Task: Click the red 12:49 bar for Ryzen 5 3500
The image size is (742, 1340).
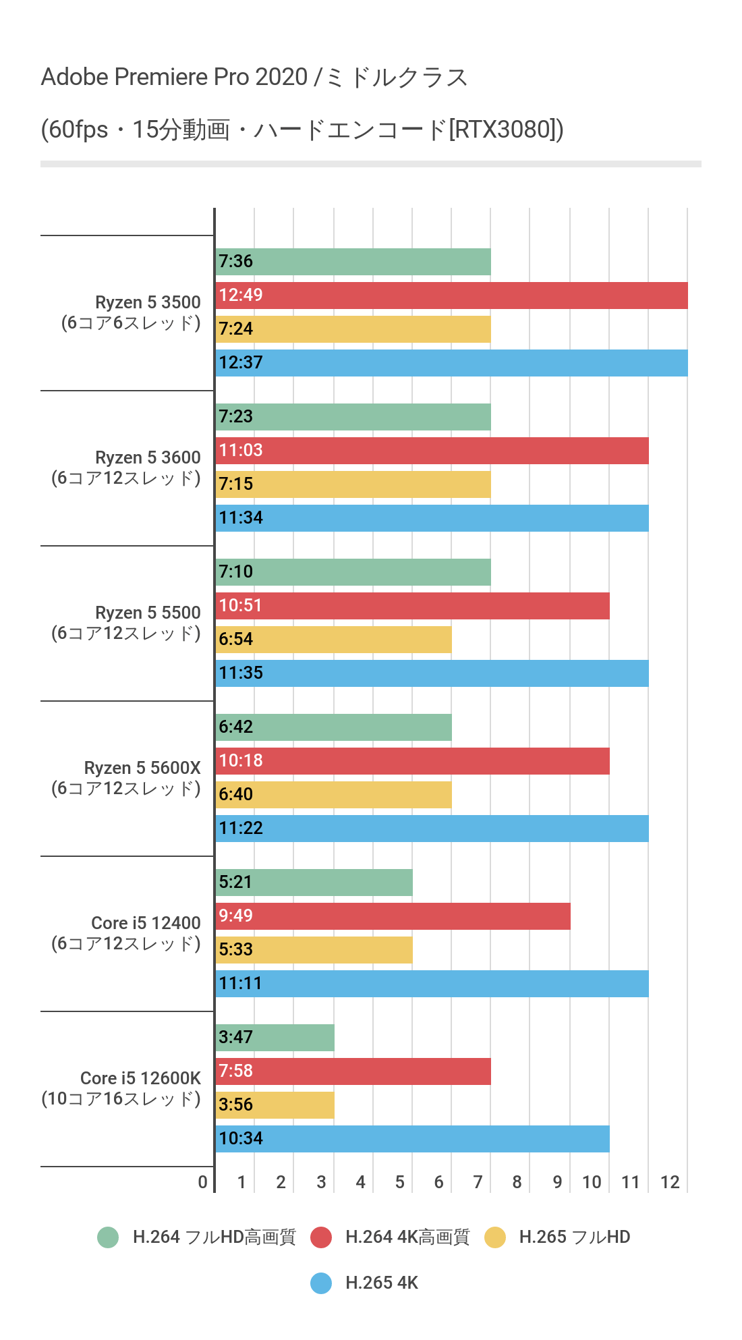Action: (x=452, y=296)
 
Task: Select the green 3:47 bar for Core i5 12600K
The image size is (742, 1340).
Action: (x=275, y=1038)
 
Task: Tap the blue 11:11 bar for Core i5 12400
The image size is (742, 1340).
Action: (x=432, y=984)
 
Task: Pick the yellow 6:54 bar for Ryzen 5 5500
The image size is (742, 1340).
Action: (x=334, y=640)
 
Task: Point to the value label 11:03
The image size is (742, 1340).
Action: (x=241, y=450)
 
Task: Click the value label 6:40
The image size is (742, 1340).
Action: (x=235, y=794)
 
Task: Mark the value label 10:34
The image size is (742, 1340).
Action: (x=241, y=1138)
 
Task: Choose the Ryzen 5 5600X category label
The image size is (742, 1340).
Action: (x=142, y=768)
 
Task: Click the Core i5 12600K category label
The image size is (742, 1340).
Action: (x=140, y=1078)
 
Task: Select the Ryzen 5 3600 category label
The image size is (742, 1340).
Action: (x=148, y=457)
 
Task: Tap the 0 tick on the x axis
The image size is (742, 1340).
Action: (x=202, y=1182)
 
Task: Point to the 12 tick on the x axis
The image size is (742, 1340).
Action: (x=670, y=1182)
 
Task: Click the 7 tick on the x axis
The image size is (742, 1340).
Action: (x=478, y=1182)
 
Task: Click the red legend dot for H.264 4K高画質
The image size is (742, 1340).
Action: (x=321, y=1237)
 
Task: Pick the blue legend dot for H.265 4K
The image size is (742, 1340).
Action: (x=321, y=1283)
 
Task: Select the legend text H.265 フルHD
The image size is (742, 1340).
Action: (x=575, y=1237)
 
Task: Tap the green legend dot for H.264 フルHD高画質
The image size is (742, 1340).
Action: (x=108, y=1237)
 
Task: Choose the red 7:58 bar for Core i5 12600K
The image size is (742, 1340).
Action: (x=353, y=1071)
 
